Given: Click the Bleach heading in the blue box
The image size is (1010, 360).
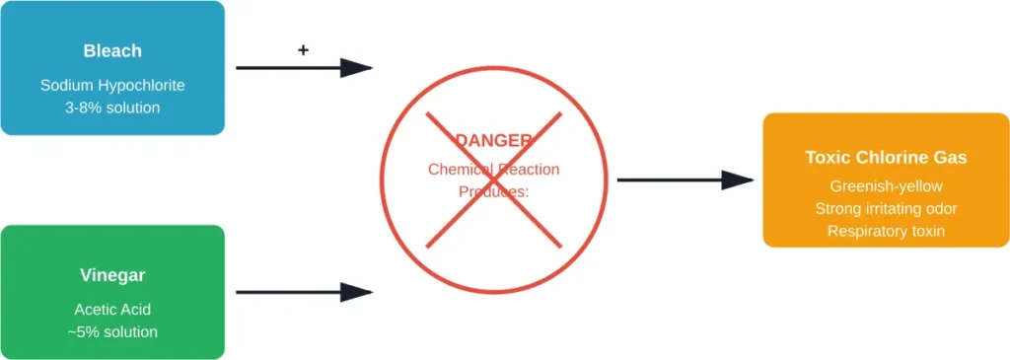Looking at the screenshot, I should click(x=112, y=50).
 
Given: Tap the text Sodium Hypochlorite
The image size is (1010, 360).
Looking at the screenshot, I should click(x=112, y=86).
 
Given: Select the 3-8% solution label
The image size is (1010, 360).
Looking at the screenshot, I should click(x=112, y=108).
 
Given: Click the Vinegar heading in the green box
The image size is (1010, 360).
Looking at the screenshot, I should click(x=112, y=275).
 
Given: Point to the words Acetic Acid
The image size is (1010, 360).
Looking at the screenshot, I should click(x=112, y=310).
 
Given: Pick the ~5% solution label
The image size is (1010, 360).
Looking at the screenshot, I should click(x=112, y=332).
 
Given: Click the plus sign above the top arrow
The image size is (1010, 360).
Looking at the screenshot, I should click(x=303, y=49).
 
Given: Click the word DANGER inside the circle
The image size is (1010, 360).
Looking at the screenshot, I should click(x=493, y=141).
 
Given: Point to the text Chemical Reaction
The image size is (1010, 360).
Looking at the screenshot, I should click(x=493, y=170).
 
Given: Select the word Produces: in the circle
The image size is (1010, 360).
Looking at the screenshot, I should click(x=493, y=191).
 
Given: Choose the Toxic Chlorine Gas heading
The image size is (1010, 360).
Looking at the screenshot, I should click(x=886, y=158).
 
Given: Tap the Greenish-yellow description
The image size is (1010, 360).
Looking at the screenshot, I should click(x=886, y=185).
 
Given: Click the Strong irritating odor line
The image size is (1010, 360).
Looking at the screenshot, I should click(x=886, y=208).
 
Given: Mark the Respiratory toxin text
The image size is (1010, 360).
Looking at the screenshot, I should click(x=886, y=231).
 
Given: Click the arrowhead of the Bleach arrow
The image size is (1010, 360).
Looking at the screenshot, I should click(x=357, y=68).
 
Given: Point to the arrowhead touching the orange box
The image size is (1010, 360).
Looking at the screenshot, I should click(x=738, y=180).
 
